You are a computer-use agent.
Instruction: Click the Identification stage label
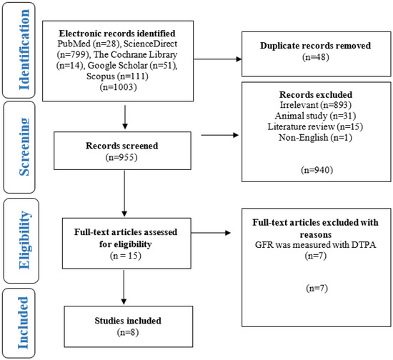tap(24, 49)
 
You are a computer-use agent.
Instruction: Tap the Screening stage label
tap(24, 147)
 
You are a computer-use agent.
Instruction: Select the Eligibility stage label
tap(25, 240)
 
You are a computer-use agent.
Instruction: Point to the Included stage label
tap(23, 323)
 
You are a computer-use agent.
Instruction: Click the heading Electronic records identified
tap(117, 34)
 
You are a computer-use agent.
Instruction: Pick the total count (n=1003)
tap(119, 87)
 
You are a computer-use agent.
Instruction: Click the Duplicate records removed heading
tap(315, 46)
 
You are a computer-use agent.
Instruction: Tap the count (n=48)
tap(316, 57)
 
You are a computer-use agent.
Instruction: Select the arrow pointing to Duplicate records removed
tap(218, 59)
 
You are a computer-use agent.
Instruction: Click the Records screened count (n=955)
tap(121, 157)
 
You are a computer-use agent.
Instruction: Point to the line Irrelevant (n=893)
tap(316, 105)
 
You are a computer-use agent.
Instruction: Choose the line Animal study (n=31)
tap(315, 116)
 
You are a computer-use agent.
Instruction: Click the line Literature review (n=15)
tap(315, 126)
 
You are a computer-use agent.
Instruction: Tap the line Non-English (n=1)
tap(315, 137)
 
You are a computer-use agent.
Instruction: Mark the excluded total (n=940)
tap(317, 170)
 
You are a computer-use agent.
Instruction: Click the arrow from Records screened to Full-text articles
tap(124, 194)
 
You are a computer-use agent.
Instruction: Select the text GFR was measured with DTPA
tap(316, 244)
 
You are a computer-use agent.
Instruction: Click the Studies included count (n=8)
tap(128, 332)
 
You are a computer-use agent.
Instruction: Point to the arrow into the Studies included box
tap(124, 287)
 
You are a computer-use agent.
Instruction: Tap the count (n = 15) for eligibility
tap(126, 256)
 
